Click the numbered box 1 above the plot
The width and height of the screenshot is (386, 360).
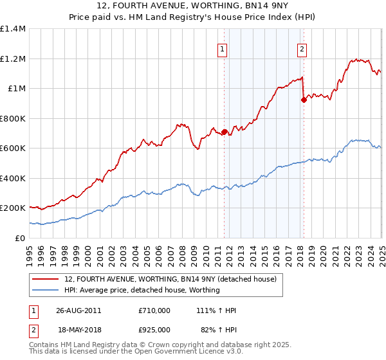pos(223,48)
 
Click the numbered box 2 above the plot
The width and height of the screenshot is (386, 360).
pos(302,48)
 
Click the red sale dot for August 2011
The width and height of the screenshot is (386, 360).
pos(225,132)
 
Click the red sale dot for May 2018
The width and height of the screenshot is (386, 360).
pos(303,100)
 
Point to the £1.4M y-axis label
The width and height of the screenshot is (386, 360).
pos(13,29)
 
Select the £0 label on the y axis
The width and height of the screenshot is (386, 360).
pos(20,238)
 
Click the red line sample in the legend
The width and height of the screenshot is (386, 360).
pos(45,279)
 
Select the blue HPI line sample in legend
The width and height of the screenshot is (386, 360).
pos(45,290)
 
